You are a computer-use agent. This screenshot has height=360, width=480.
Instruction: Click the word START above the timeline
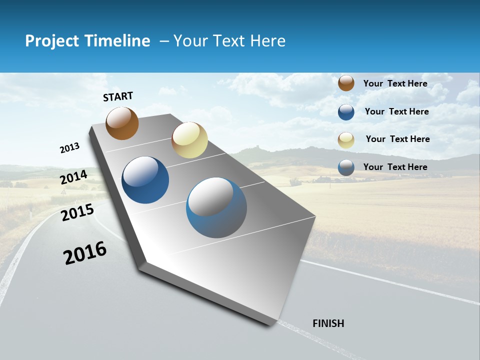pos(118,96)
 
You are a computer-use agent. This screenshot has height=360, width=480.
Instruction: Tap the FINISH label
pos(328,323)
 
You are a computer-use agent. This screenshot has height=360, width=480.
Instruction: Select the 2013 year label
pos(70,148)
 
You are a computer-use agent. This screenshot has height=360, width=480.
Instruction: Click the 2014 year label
pos(73,177)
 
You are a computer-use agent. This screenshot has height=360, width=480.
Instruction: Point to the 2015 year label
pos(77,212)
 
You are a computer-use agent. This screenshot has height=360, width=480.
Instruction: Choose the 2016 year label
pos(85,253)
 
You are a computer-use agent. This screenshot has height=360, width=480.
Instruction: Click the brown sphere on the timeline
pos(122,123)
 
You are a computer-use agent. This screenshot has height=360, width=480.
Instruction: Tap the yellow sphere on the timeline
pos(189,140)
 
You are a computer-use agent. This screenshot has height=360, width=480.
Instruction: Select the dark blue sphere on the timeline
pos(145,180)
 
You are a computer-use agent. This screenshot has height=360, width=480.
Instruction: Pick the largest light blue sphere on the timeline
pos(216,207)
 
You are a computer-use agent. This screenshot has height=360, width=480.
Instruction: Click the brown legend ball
pos(346,83)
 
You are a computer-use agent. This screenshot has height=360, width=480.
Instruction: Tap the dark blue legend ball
pos(346,112)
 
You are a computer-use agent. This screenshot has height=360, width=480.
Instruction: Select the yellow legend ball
pos(346,140)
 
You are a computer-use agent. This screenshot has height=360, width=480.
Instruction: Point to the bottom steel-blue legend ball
pos(346,167)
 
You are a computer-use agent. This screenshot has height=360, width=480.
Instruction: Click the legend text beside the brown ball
pos(395,83)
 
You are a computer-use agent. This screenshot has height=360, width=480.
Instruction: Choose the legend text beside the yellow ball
pos(397,139)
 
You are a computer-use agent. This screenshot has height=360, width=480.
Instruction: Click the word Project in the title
pos(52,41)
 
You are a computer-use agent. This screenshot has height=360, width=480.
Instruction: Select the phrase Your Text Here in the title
pos(229,41)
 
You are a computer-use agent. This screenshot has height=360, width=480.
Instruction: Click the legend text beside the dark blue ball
pos(396,111)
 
